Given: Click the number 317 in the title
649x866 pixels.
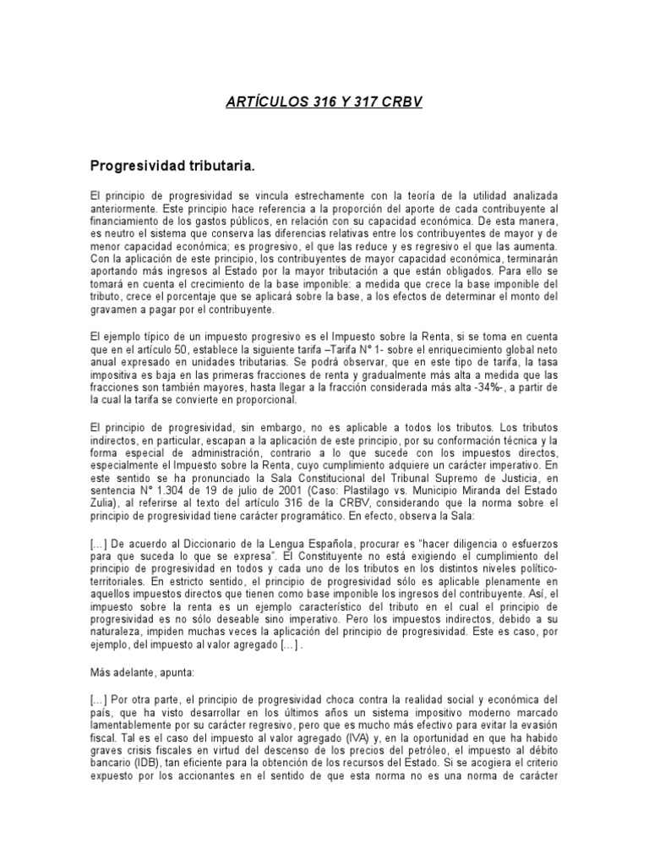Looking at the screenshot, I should [363, 101].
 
